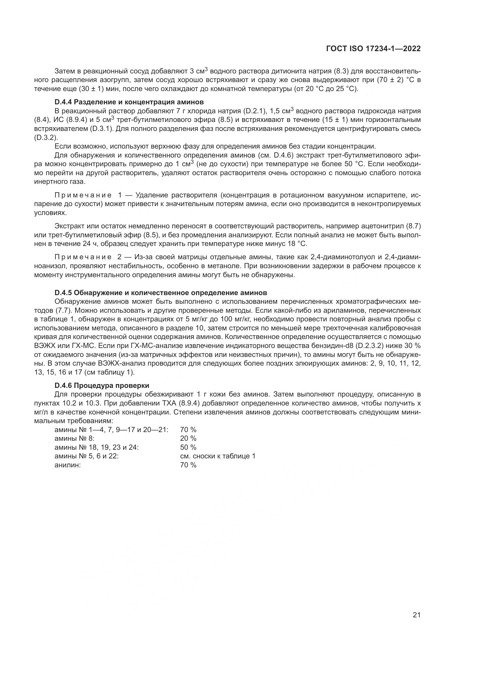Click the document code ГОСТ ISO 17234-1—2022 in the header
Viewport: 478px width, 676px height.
tap(373, 49)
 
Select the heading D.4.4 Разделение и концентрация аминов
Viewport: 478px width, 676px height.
tap(129, 102)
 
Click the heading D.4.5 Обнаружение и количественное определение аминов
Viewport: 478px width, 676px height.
tap(161, 293)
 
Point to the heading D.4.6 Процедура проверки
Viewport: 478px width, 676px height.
tap(102, 386)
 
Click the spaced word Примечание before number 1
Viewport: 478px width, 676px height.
tap(83, 195)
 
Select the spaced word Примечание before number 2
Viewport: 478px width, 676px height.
tap(83, 257)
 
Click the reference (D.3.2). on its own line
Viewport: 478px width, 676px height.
tap(46, 138)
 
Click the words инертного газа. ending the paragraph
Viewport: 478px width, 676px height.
tap(60, 182)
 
